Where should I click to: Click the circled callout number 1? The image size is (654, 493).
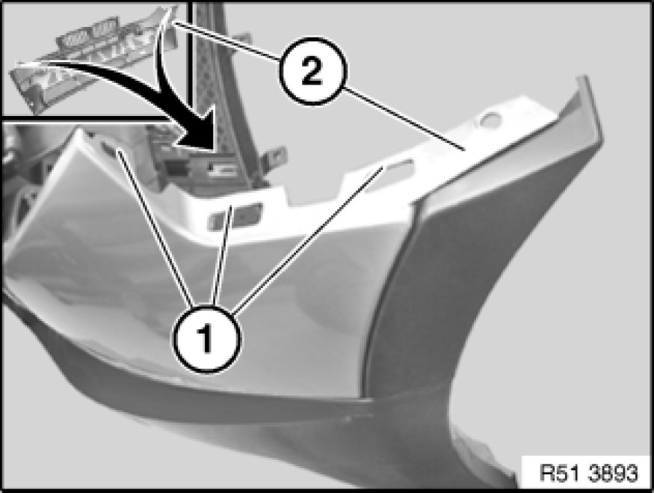point(207,339)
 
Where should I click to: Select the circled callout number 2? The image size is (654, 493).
point(312,71)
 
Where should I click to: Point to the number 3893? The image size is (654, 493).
point(613,474)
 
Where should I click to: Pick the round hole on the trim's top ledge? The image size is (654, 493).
point(491,120)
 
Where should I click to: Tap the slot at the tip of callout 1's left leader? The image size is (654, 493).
point(109,147)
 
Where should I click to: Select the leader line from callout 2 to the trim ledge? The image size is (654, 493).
point(404,118)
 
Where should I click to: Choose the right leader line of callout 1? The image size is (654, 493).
point(308,239)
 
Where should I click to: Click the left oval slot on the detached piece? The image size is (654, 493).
point(76,39)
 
